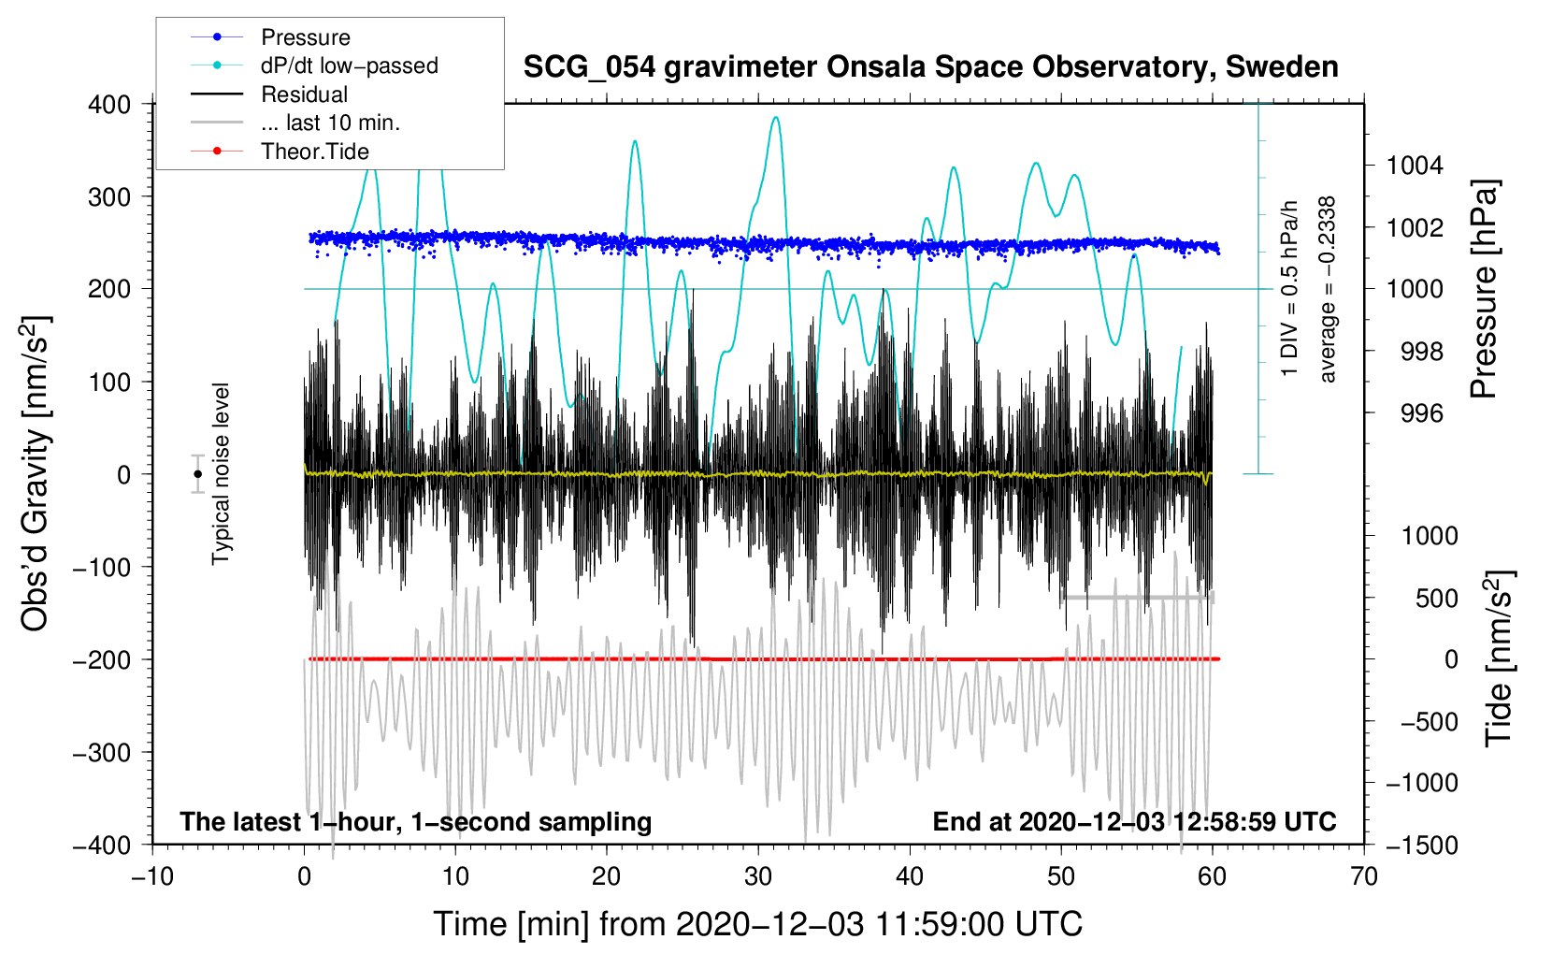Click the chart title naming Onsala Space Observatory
[x=930, y=67]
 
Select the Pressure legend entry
[x=271, y=36]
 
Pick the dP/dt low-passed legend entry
[x=314, y=65]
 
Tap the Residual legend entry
[x=269, y=94]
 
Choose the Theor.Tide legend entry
[x=280, y=152]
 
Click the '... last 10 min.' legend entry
[x=295, y=123]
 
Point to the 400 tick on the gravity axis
[x=109, y=105]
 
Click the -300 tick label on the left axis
[x=102, y=752]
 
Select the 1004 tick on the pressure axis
[x=1415, y=166]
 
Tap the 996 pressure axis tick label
[x=1422, y=414]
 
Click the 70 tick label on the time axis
[x=1363, y=876]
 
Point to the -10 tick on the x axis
[x=152, y=876]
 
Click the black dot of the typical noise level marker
[x=197, y=474]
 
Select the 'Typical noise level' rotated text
[x=221, y=474]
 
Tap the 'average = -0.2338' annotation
[x=1326, y=289]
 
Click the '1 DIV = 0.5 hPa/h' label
[x=1288, y=289]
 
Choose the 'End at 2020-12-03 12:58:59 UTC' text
[x=1134, y=821]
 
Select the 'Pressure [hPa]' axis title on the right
[x=1484, y=289]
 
